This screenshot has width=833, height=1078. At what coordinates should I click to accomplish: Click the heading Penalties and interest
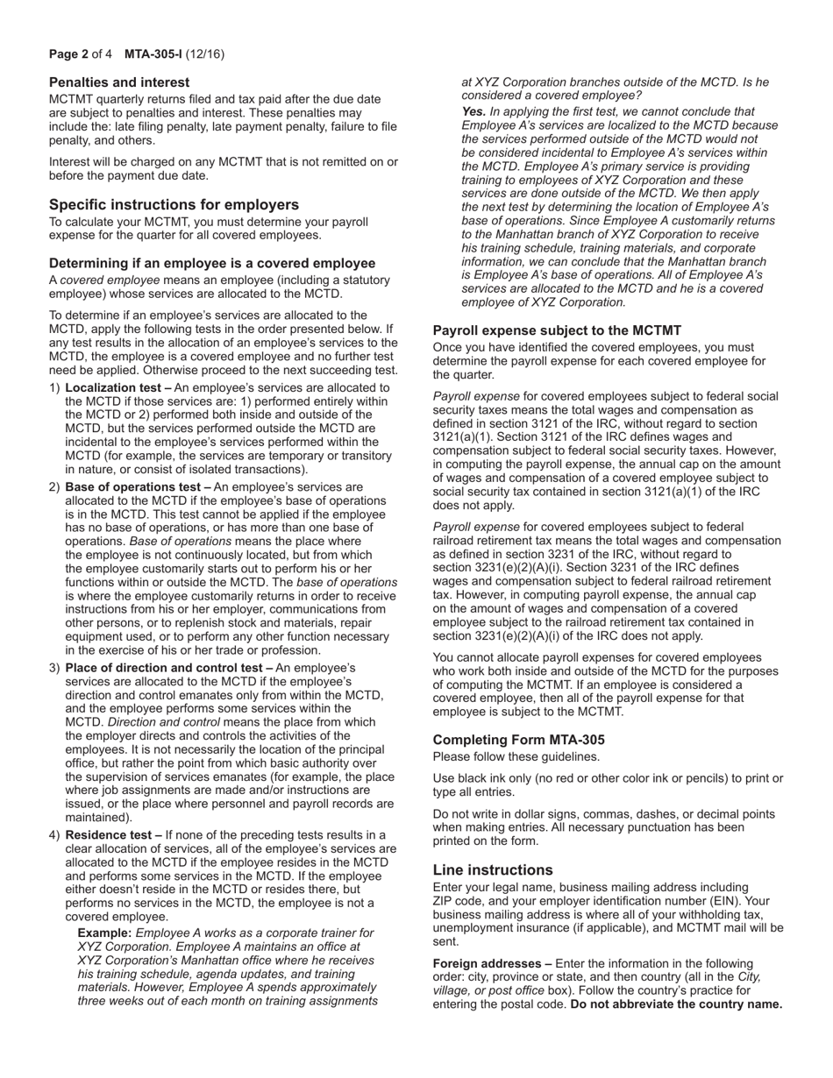click(x=119, y=82)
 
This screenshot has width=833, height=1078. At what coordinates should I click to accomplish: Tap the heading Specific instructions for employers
click(x=174, y=204)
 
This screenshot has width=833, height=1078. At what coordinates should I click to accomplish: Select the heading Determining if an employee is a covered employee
click(x=212, y=263)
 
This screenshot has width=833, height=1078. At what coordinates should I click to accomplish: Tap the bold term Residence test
click(x=109, y=835)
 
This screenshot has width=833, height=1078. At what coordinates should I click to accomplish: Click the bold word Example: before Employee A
click(x=104, y=933)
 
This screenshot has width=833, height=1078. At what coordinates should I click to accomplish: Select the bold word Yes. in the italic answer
click(x=473, y=112)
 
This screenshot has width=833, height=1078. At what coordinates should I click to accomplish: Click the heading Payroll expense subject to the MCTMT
click(x=557, y=330)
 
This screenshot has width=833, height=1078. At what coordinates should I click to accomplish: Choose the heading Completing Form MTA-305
click(x=518, y=740)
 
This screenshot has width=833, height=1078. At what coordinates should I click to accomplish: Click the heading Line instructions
click(x=493, y=869)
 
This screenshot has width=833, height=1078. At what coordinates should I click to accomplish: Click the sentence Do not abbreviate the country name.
click(x=676, y=1004)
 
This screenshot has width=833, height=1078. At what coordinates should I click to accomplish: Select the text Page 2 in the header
click(x=68, y=54)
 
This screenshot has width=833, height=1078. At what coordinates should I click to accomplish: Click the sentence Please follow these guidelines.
click(x=516, y=756)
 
